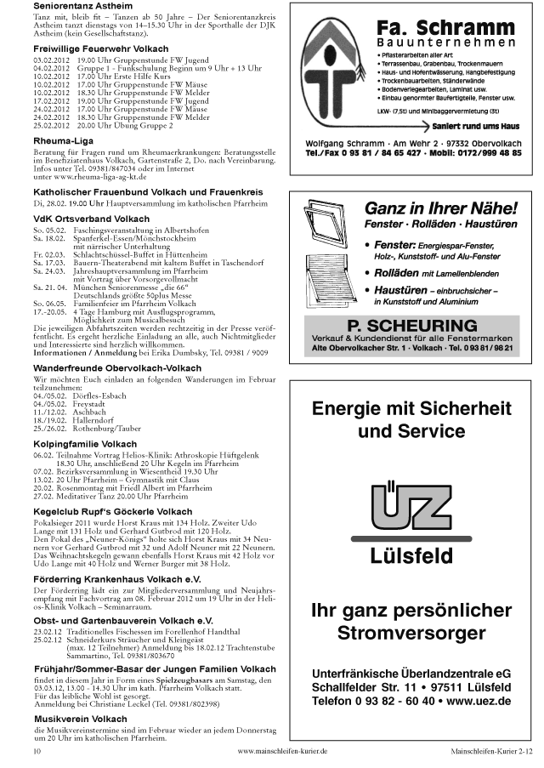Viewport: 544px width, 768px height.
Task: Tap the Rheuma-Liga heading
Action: point(63,139)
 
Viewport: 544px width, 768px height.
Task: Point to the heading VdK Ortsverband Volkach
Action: point(90,219)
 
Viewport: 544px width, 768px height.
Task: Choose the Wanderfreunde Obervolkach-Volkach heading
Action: point(117,368)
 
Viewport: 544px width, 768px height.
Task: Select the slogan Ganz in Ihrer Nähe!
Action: point(440,208)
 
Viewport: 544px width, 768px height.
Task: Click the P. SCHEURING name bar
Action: point(414,325)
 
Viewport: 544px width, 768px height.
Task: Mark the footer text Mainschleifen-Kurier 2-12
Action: point(491,752)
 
